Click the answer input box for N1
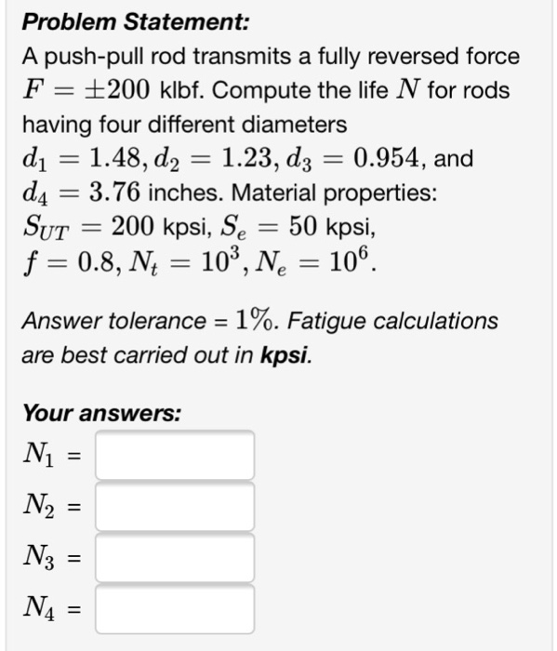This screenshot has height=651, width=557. (x=175, y=456)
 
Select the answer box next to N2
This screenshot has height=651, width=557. (x=175, y=507)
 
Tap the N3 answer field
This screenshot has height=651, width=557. (x=175, y=558)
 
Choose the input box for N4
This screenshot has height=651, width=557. (x=175, y=609)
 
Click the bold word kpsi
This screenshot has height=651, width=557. (x=286, y=355)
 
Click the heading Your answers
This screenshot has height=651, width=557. (x=102, y=412)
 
